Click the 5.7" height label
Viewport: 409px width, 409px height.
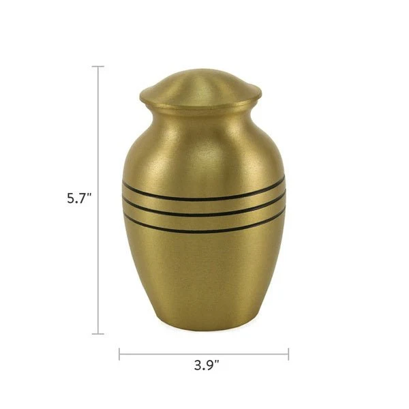tap(80, 198)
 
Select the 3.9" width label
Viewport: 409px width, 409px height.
tap(207, 365)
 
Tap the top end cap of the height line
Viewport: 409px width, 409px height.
tap(98, 67)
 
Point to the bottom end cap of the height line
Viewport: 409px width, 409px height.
tap(98, 333)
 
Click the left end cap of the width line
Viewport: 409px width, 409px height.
tap(119, 354)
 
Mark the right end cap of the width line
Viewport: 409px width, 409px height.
tap(288, 354)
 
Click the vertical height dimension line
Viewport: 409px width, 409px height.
tap(98, 200)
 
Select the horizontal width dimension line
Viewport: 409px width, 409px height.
tap(204, 354)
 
